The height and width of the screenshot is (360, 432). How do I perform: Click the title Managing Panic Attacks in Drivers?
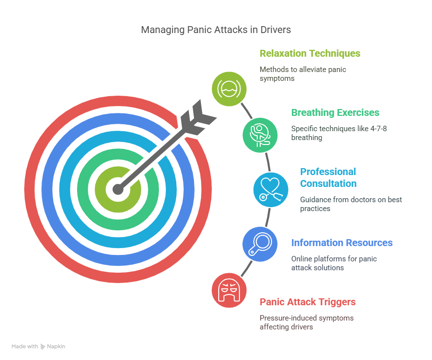[x=216, y=30]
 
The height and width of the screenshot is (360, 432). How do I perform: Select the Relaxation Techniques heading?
[x=310, y=53]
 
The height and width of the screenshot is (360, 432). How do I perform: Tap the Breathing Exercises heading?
[x=335, y=112]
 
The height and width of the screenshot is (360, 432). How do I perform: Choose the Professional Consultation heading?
[x=328, y=178]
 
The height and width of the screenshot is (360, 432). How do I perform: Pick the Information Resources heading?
[x=342, y=243]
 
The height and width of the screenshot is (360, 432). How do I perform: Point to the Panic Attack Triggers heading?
[x=308, y=302]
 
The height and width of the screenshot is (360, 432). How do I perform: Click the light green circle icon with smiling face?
[x=229, y=89]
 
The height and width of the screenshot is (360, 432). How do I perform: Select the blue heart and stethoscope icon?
[x=271, y=189]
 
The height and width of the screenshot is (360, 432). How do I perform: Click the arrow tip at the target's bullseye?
[x=118, y=189]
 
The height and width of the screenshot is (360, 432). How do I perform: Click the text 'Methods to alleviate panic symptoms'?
[x=303, y=74]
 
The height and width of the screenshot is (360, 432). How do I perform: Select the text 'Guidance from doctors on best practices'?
[x=351, y=204]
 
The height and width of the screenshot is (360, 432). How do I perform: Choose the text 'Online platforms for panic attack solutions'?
[x=333, y=263]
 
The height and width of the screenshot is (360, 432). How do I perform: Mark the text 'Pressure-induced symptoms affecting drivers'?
[x=307, y=323]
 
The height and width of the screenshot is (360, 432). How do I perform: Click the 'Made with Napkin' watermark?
[x=39, y=347]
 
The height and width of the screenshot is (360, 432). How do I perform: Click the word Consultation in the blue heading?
[x=328, y=183]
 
